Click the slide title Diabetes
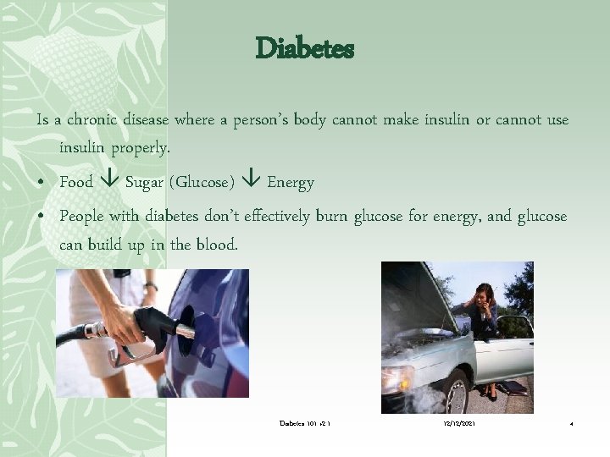pos(304,49)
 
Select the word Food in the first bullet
pos(76,182)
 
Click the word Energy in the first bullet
pos(291,182)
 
